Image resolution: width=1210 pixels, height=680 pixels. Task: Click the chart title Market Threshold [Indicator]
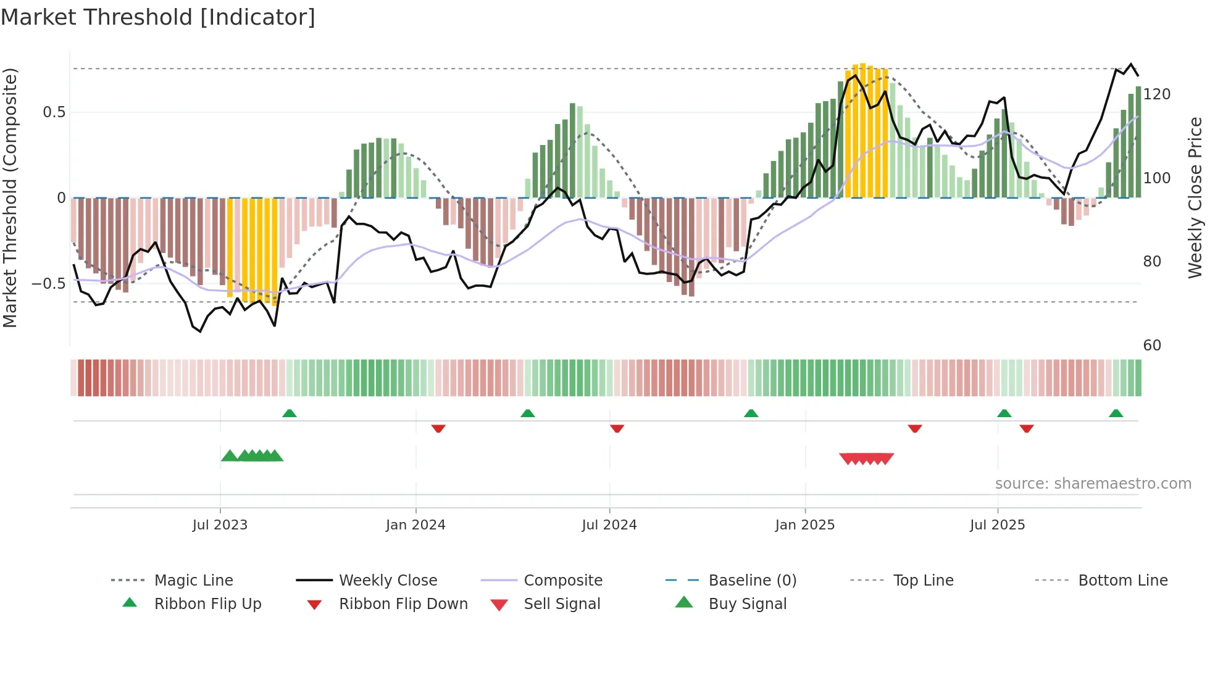pyautogui.click(x=158, y=17)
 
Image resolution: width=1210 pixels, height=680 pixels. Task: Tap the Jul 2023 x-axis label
pyautogui.click(x=220, y=525)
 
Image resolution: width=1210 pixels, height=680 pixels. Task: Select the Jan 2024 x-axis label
pyautogui.click(x=415, y=525)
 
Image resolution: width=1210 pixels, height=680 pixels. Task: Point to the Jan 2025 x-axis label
pyautogui.click(x=805, y=525)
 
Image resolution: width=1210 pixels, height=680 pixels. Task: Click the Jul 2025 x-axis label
pyautogui.click(x=998, y=525)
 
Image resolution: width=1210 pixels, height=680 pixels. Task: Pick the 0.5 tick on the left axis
pyautogui.click(x=54, y=112)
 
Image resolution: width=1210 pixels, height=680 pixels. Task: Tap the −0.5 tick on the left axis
pyautogui.click(x=49, y=284)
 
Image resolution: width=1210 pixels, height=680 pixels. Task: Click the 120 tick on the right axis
pyautogui.click(x=1156, y=94)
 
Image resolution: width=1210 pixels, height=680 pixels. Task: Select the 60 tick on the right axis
pyautogui.click(x=1152, y=346)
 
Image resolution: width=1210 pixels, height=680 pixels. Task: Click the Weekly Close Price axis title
pyautogui.click(x=1195, y=197)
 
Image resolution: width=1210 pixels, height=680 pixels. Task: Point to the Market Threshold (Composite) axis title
pyautogui.click(x=10, y=197)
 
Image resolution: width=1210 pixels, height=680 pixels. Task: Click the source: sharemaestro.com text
pyautogui.click(x=1093, y=484)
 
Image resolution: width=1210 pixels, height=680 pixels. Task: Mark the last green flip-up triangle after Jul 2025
pyautogui.click(x=1116, y=413)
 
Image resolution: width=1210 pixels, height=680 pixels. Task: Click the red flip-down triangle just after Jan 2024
pyautogui.click(x=438, y=428)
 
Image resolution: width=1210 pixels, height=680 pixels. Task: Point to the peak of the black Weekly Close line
pyautogui.click(x=1132, y=64)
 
